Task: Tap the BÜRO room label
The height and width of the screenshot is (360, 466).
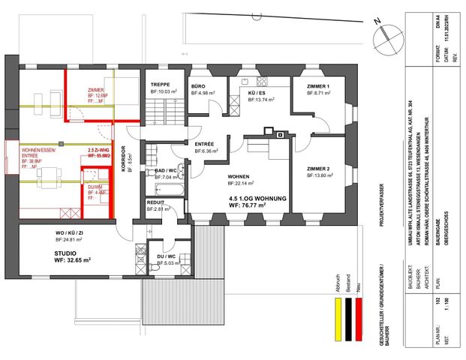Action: click(198, 87)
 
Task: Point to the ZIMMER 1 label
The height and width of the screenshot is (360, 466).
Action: click(318, 87)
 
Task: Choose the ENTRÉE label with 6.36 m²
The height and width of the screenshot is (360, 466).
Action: click(205, 143)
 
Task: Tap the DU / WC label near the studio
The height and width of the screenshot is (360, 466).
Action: click(164, 256)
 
